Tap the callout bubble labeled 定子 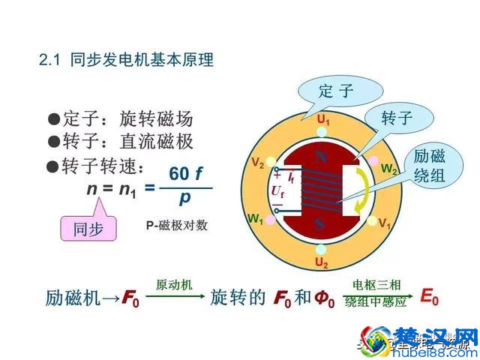(x=335, y=91)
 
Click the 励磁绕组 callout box (x=430, y=166)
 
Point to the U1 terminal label (x=323, y=120)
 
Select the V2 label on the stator (x=257, y=163)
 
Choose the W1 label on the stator (x=255, y=220)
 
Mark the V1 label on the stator (x=385, y=223)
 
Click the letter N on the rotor (x=321, y=157)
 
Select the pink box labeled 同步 (x=88, y=229)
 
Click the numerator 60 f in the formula (x=185, y=174)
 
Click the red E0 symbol (x=430, y=297)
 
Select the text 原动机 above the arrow (x=174, y=286)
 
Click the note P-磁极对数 (x=177, y=224)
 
